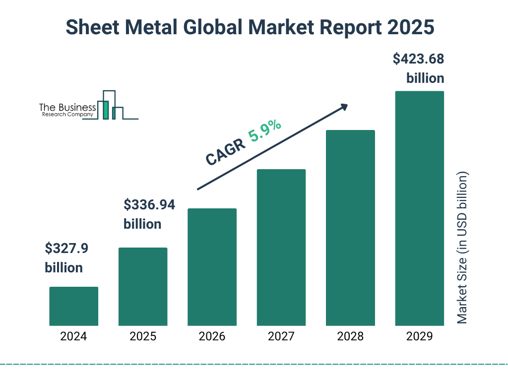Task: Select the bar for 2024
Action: click(x=73, y=306)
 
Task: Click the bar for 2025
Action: click(x=143, y=287)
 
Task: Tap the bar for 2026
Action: click(x=212, y=267)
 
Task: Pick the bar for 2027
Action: click(x=281, y=248)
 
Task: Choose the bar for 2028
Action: click(x=350, y=228)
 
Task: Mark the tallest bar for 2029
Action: click(x=419, y=208)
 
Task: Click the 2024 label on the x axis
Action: click(x=73, y=336)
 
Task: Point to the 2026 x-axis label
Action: click(x=212, y=336)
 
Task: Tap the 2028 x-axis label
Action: click(x=350, y=336)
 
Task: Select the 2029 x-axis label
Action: click(x=419, y=336)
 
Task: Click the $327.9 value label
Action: click(x=66, y=248)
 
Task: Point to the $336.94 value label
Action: click(x=149, y=204)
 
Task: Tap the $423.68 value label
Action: click(x=418, y=59)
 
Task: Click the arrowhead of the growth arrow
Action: click(x=343, y=107)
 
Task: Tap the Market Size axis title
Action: click(x=462, y=248)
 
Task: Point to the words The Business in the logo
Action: click(x=67, y=108)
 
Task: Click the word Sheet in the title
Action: click(x=89, y=28)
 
